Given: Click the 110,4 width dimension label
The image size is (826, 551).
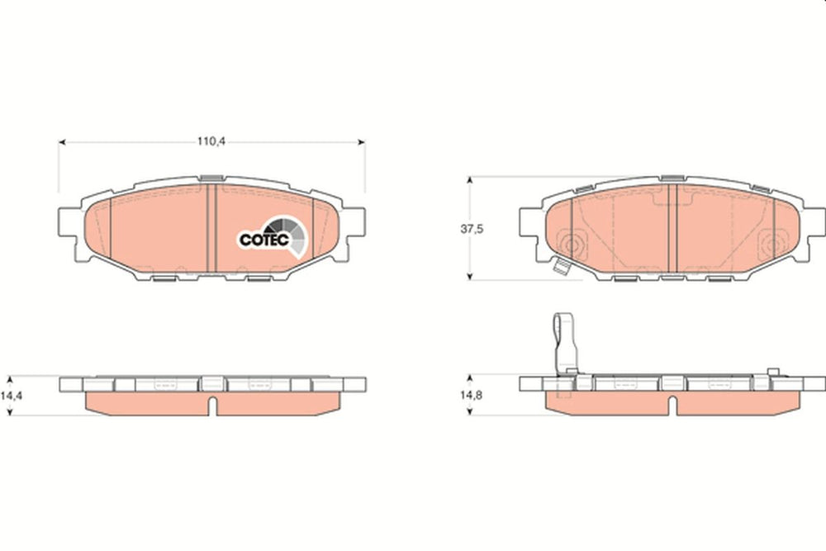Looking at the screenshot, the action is [x=211, y=141].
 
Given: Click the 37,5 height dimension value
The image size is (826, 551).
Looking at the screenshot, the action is [x=472, y=229].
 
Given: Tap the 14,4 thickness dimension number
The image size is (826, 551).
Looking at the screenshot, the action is [x=11, y=395].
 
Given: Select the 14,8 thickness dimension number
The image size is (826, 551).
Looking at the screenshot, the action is [x=472, y=395].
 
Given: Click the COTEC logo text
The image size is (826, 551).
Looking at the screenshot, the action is [x=264, y=240].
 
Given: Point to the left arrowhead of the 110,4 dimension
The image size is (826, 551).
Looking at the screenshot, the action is [x=62, y=142].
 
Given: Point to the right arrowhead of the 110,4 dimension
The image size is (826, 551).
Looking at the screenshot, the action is [x=362, y=142].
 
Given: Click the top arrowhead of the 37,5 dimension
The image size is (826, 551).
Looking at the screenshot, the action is [x=470, y=180].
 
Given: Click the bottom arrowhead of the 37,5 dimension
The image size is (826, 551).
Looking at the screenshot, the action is [x=470, y=276].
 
